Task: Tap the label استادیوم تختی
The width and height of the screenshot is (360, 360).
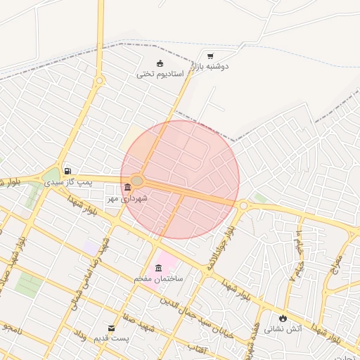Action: tap(160, 73)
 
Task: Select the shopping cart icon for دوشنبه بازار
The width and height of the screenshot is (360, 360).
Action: tap(210, 56)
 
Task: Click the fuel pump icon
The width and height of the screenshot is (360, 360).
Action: tap(67, 170)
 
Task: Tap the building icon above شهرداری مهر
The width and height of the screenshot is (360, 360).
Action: tap(127, 188)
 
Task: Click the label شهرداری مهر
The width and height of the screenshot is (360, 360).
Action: tap(127, 199)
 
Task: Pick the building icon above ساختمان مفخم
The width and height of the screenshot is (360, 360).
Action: tap(158, 267)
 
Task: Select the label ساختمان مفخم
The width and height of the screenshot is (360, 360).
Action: tap(159, 278)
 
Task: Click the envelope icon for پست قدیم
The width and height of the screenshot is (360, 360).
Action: tap(111, 328)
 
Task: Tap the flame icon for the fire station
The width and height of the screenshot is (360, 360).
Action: tap(283, 317)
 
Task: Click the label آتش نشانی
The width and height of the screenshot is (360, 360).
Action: tap(283, 328)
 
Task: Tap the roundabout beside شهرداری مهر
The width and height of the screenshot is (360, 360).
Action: tap(138, 181)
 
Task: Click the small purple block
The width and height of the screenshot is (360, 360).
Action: tap(91, 247)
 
